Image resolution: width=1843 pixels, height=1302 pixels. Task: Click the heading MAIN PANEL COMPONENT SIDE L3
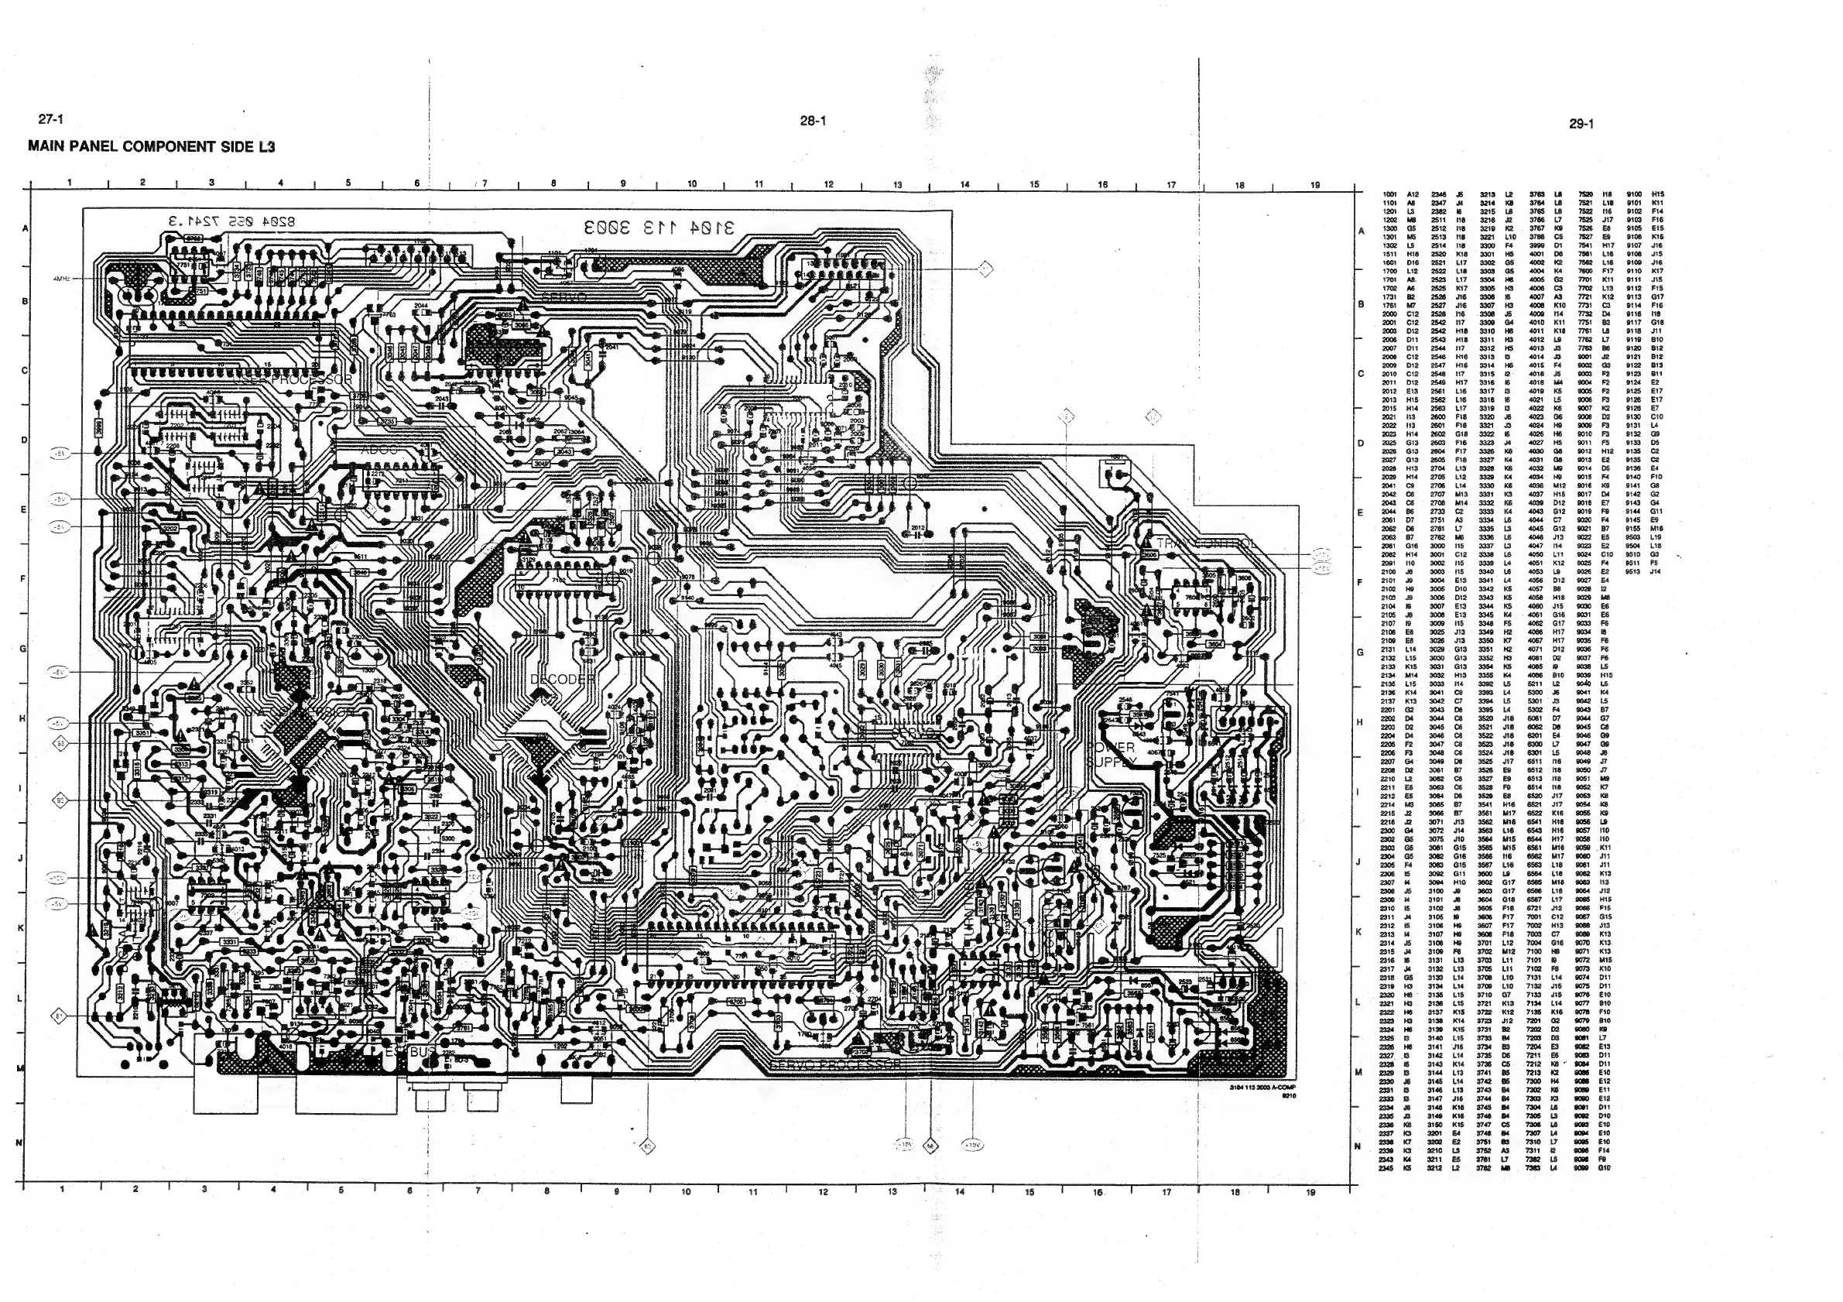pyautogui.click(x=152, y=147)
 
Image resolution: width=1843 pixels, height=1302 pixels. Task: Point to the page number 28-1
pyautogui.click(x=812, y=122)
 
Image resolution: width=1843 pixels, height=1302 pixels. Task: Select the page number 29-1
pyautogui.click(x=1581, y=124)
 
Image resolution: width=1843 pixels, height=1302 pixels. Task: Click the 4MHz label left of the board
pyautogui.click(x=62, y=279)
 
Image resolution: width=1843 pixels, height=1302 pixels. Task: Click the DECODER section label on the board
pyautogui.click(x=563, y=679)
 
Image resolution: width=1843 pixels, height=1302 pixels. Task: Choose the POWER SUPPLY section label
pyautogui.click(x=1112, y=754)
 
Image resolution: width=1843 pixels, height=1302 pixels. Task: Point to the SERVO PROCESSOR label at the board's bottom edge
pyautogui.click(x=835, y=1064)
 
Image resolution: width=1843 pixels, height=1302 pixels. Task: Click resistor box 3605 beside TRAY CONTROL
pyautogui.click(x=1149, y=555)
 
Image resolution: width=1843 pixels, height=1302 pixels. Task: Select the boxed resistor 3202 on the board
pyautogui.click(x=170, y=529)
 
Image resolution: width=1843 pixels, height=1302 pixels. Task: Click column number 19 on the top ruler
pyautogui.click(x=1315, y=185)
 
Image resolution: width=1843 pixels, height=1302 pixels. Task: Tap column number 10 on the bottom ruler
pyautogui.click(x=686, y=1192)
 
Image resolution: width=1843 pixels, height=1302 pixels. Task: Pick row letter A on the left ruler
pyautogui.click(x=25, y=229)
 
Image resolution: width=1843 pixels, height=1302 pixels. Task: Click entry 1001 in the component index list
pyautogui.click(x=1390, y=194)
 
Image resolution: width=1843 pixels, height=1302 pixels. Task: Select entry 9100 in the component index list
pyautogui.click(x=1633, y=194)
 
